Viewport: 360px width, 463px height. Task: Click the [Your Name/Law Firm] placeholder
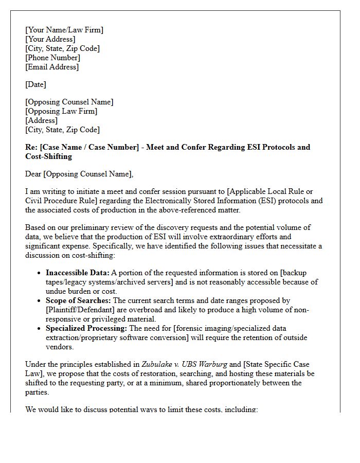(64, 30)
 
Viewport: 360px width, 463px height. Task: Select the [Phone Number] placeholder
(52, 58)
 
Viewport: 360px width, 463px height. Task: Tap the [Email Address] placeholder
(52, 67)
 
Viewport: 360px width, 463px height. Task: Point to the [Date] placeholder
(35, 84)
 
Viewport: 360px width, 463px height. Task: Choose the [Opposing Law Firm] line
(61, 111)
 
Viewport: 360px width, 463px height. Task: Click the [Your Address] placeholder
(50, 39)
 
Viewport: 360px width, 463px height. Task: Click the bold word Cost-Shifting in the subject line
(48, 156)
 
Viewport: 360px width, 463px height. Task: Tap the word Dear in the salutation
(34, 174)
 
